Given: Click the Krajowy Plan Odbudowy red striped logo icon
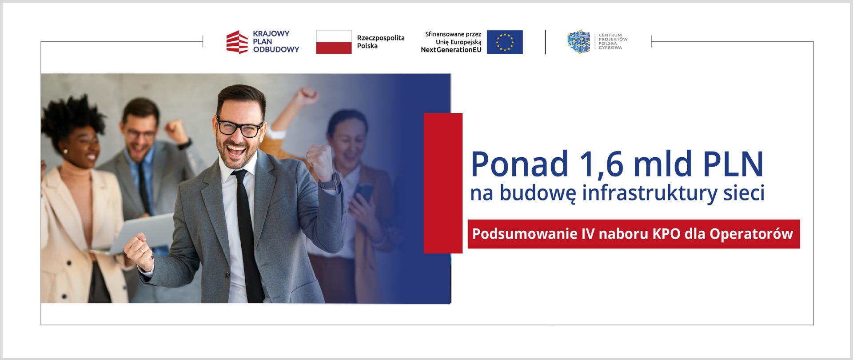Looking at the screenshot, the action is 237,42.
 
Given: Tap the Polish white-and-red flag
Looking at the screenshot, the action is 334,42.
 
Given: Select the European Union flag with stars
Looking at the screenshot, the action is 505,42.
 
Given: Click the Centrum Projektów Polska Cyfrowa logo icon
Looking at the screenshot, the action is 578,42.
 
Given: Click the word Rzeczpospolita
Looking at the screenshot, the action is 381,38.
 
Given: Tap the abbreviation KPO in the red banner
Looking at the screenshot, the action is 666,234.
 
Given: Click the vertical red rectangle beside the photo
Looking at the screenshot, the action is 443,183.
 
